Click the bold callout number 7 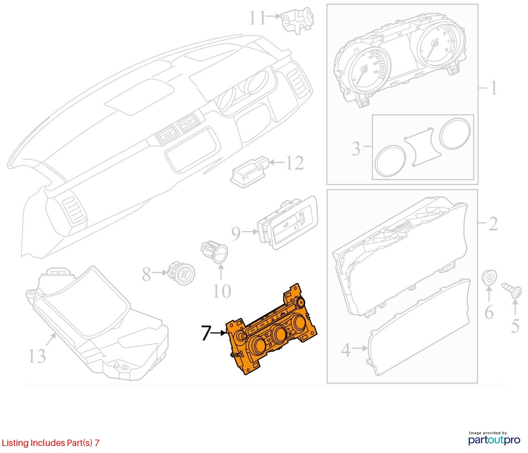(206, 333)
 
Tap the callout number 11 (258, 18)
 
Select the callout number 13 (37, 356)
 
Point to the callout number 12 (295, 163)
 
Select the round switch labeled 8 (182, 273)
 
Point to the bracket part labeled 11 (297, 20)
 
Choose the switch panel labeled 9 (287, 222)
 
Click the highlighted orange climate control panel (271, 329)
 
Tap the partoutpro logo (494, 440)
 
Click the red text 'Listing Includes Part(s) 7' (51, 443)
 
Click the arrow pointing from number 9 (250, 232)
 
